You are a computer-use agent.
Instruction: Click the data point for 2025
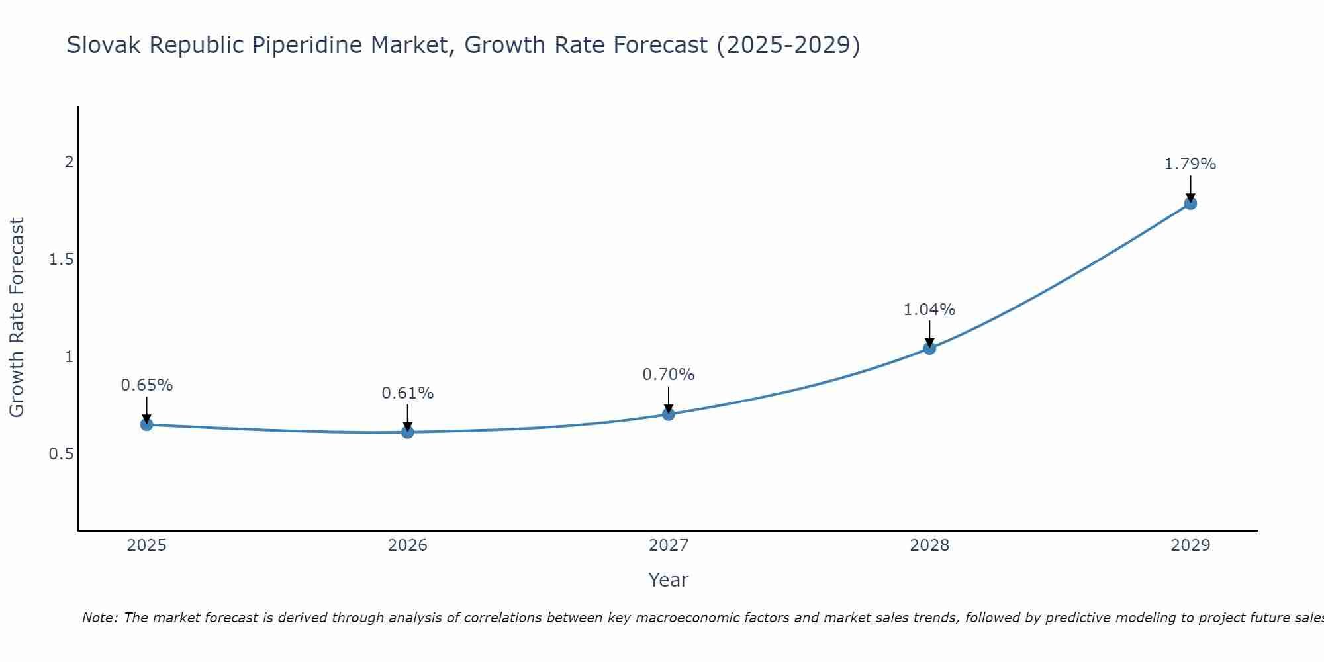(x=147, y=424)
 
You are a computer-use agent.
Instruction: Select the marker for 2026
(x=408, y=432)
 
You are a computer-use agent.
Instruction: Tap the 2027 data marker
(x=669, y=414)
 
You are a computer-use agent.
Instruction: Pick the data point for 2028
(x=929, y=348)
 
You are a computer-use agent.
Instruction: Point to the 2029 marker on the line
(x=1190, y=203)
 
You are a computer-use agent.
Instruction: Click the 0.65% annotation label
(x=147, y=385)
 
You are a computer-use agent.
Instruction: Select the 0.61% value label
(x=408, y=393)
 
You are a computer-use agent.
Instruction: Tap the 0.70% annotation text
(x=669, y=375)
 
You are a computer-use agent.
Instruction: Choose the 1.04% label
(x=929, y=309)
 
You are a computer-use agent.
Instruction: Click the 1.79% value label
(x=1190, y=164)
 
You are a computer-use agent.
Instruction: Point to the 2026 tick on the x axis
(x=408, y=545)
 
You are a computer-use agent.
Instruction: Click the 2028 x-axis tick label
(x=929, y=545)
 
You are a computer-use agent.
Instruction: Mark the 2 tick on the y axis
(x=69, y=162)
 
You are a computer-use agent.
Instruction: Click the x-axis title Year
(x=669, y=580)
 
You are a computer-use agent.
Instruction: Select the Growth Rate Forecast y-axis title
(x=17, y=318)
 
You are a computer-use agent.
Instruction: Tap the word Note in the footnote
(x=99, y=618)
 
